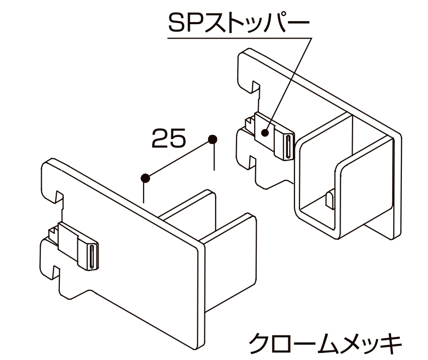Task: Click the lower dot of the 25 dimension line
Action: pos(145,177)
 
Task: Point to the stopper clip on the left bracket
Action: pos(75,244)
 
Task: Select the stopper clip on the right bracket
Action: pos(271,134)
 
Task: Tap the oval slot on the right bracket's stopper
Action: pos(288,146)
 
